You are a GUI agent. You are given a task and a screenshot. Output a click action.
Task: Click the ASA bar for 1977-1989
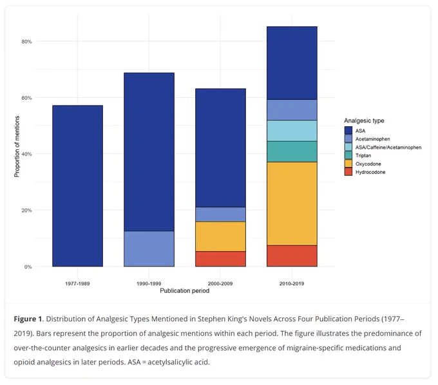(78, 186)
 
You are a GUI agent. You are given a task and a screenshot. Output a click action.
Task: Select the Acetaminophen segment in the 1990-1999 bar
(149, 249)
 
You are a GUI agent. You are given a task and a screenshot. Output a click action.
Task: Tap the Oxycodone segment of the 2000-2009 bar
(220, 236)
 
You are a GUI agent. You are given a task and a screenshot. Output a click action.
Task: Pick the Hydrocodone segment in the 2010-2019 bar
(292, 256)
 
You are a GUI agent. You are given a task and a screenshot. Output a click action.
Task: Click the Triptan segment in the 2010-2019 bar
(292, 151)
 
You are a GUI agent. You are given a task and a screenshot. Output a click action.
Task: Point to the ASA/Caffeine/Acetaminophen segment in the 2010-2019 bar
(292, 131)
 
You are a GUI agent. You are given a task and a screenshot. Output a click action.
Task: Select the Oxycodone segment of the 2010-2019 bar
(292, 204)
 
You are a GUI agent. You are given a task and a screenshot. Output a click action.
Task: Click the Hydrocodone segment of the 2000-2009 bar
(220, 259)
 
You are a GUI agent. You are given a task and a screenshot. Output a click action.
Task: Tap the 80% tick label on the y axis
(26, 42)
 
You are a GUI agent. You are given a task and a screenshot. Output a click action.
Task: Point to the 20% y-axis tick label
(26, 211)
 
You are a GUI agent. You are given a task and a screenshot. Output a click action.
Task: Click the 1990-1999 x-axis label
(149, 284)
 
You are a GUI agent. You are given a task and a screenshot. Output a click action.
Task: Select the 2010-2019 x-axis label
(292, 284)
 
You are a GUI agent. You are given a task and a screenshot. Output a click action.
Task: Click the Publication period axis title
(185, 290)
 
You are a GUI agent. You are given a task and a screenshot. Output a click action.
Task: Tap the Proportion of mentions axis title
(17, 147)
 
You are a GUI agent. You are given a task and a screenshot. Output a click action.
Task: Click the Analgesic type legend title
(364, 120)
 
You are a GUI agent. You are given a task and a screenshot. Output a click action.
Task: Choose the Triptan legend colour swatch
(348, 156)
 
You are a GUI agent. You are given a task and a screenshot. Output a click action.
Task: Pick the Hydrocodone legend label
(370, 172)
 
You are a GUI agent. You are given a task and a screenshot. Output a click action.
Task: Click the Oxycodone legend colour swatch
(348, 164)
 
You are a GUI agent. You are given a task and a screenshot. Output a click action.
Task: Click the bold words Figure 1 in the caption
(28, 319)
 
